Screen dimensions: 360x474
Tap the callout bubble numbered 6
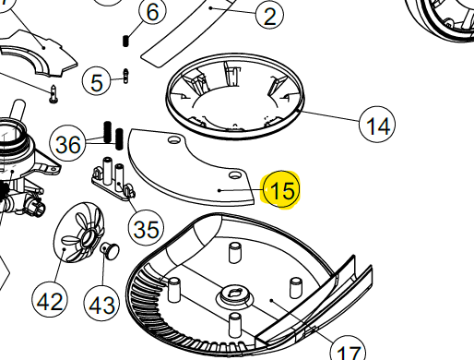[152, 13]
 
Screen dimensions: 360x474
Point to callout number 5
[98, 81]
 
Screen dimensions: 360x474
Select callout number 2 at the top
[268, 16]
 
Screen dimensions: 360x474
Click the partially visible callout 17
[348, 353]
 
